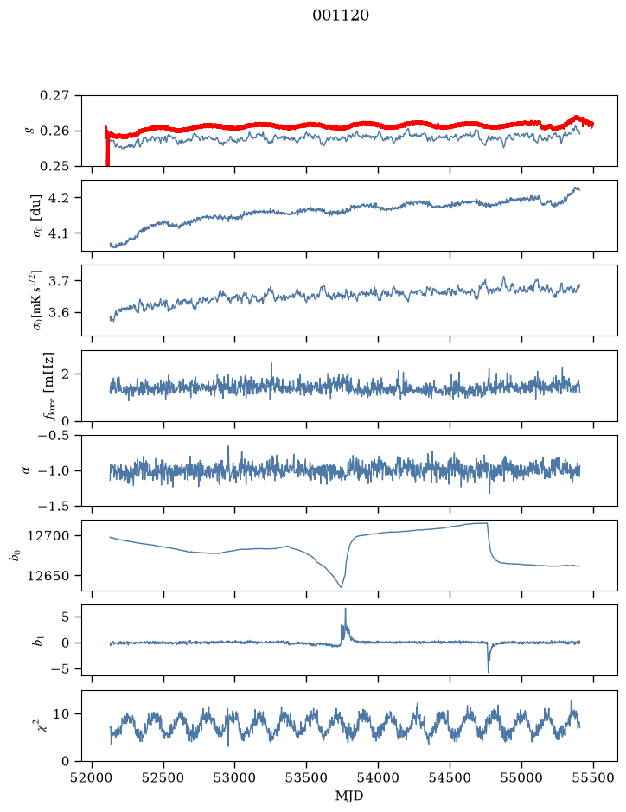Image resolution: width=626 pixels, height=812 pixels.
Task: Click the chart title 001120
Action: tap(341, 16)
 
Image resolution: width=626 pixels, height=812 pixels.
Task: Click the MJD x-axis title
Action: tap(349, 796)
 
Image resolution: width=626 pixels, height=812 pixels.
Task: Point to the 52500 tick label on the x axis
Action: tap(163, 777)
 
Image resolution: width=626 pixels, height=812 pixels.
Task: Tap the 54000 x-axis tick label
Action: tap(379, 777)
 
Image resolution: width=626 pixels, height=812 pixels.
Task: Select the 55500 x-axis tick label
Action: tap(593, 777)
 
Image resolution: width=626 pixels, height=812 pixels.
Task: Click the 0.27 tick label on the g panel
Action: tap(54, 96)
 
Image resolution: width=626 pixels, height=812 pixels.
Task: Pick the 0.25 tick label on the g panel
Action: tap(54, 166)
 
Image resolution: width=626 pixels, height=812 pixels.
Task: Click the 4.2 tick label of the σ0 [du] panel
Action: tap(59, 198)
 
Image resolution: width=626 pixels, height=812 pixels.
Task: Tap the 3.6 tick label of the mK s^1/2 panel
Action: tap(59, 313)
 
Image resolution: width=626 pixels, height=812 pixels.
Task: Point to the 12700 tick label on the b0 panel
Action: tap(48, 536)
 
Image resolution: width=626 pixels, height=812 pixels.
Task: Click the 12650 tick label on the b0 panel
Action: tap(48, 575)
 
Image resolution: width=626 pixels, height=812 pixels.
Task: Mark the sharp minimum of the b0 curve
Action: tap(342, 587)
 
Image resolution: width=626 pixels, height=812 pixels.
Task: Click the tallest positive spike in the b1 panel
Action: tap(345, 609)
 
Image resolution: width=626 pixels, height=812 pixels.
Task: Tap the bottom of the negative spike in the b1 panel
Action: tap(489, 672)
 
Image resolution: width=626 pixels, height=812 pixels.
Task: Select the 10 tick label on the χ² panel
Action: tap(61, 714)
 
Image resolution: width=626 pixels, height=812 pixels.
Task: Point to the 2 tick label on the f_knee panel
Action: tap(65, 374)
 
